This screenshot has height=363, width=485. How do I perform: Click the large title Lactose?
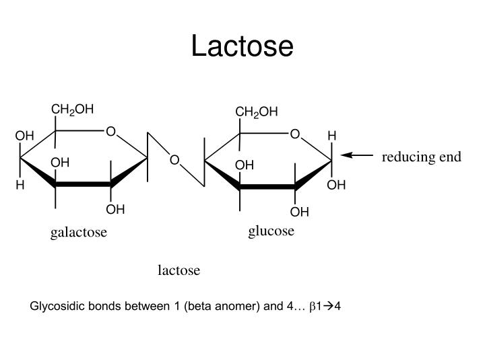[x=243, y=46]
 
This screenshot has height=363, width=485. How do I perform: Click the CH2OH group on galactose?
[x=72, y=110]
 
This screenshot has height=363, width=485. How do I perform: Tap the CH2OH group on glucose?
[x=257, y=112]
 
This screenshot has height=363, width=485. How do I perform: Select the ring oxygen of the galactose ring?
[x=110, y=132]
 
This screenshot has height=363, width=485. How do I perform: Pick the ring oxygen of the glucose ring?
[x=295, y=134]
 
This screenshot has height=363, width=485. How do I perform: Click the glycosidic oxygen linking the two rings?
[x=174, y=160]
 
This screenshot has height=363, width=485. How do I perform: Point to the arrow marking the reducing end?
[x=356, y=155]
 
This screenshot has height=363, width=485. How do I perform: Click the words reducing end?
[x=422, y=157]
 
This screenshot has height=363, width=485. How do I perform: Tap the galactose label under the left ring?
[x=79, y=233]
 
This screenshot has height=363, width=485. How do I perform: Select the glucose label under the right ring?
[x=271, y=231]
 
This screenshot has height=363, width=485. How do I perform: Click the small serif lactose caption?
[x=179, y=270]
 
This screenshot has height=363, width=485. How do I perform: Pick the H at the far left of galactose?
[x=20, y=185]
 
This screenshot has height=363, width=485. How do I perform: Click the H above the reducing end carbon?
[x=332, y=136]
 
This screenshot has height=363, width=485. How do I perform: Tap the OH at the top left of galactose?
[x=24, y=136]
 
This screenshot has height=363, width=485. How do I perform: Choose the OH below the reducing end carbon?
[x=336, y=186]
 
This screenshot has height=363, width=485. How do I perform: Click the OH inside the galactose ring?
[x=60, y=163]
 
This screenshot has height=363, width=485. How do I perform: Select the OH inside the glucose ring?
[x=245, y=165]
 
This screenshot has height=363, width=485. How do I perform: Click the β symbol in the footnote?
[x=313, y=307]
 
